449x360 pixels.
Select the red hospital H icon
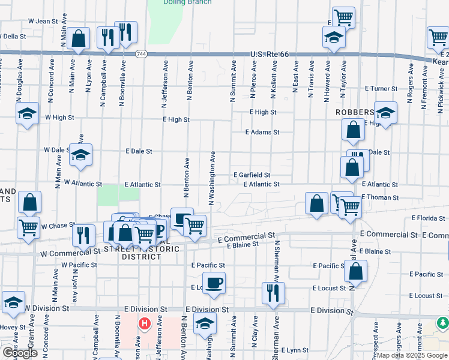tap(145, 325)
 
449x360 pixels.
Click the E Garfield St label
tap(252, 175)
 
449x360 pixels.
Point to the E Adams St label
tap(262, 132)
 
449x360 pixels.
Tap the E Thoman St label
tap(380, 197)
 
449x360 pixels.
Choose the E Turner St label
tap(380, 88)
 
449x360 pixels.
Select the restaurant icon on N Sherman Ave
tap(273, 293)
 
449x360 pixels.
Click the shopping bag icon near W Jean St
tap(79, 38)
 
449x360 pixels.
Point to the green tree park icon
tap(443, 323)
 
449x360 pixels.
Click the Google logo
tap(20, 353)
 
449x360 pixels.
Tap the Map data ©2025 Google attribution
tap(412, 355)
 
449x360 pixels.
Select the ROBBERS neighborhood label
tap(355, 112)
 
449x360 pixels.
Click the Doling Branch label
tap(187, 2)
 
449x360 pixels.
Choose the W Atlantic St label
tap(83, 182)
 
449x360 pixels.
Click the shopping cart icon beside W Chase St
tap(29, 227)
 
